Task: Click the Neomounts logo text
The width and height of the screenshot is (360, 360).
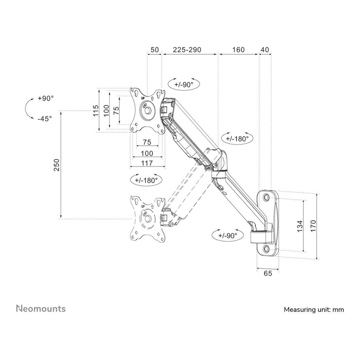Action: point(41,309)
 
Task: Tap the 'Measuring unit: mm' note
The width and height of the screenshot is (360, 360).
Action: point(314,310)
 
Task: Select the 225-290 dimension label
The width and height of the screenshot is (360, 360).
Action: point(187,50)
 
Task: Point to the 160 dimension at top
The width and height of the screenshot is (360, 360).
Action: point(239,50)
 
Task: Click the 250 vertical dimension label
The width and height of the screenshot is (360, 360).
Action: point(57,165)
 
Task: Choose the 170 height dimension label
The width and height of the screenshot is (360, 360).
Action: point(314,226)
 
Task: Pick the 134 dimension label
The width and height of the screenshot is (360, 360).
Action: point(300,226)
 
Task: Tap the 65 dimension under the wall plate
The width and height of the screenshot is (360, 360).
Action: point(268,273)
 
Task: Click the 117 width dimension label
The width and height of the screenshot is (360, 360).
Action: point(147,163)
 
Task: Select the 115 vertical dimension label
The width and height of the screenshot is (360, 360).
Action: point(96,110)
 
